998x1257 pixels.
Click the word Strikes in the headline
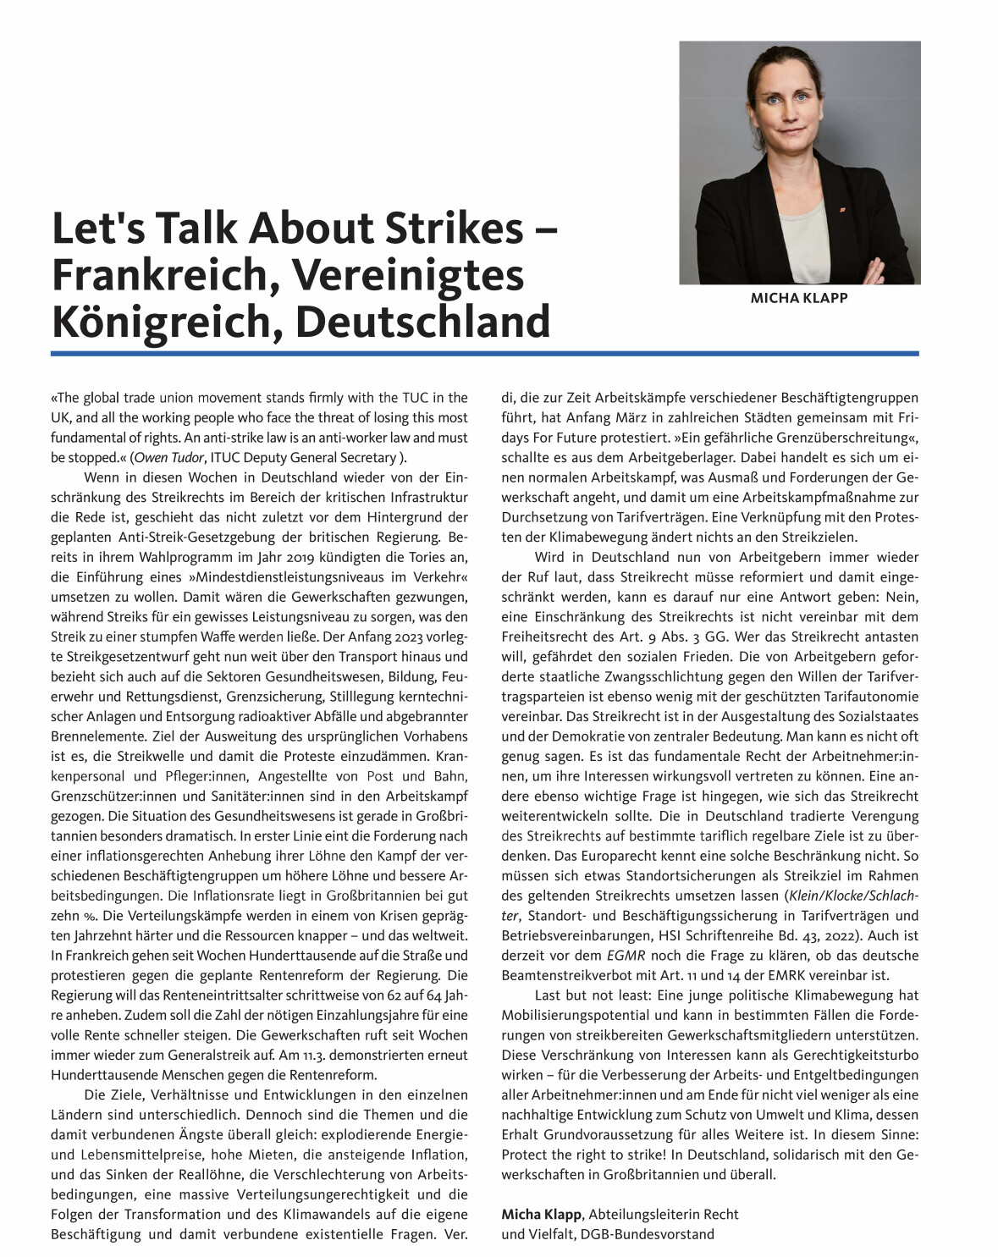(x=460, y=229)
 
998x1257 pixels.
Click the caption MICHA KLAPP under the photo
(x=798, y=298)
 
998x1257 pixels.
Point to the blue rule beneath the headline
(x=484, y=353)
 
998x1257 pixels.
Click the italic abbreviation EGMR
(x=626, y=956)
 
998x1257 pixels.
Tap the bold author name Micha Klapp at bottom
(x=541, y=1215)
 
